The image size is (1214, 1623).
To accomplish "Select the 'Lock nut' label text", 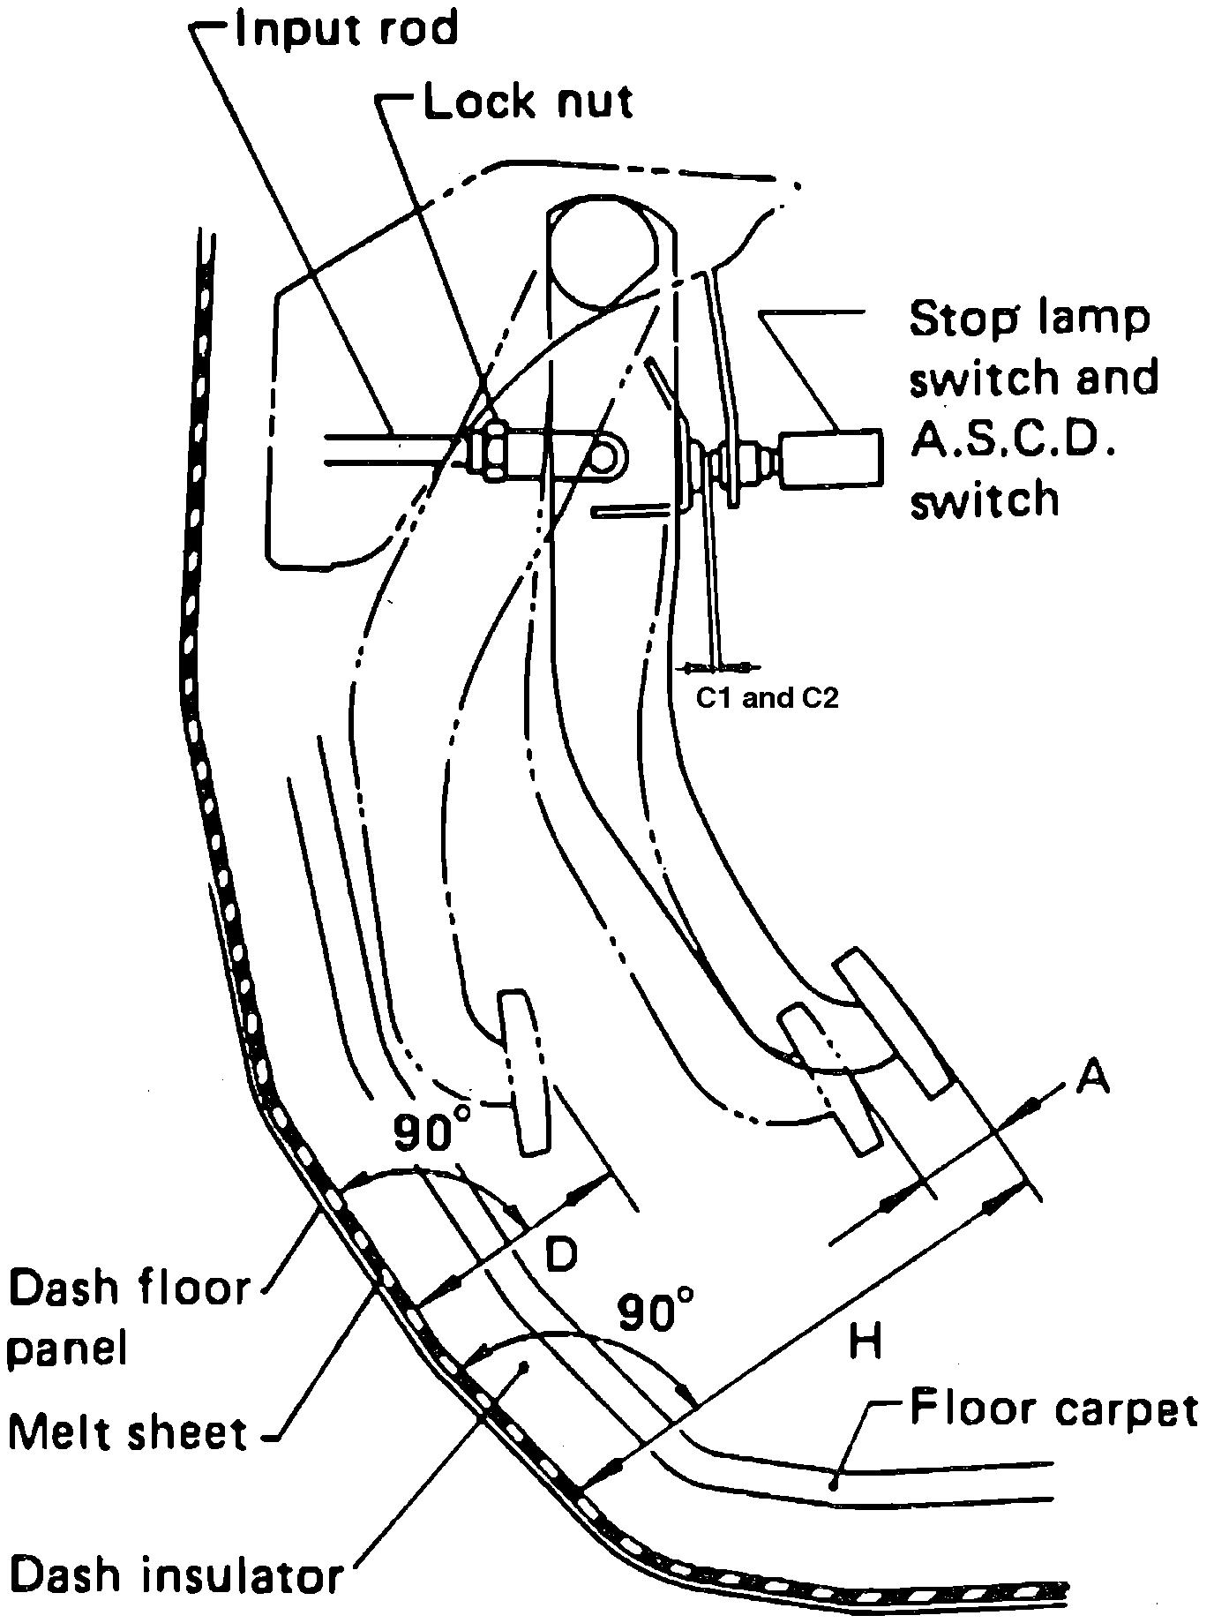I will coord(528,101).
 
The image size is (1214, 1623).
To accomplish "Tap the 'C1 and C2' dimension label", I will coord(767,698).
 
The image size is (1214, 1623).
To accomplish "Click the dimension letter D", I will coord(558,1254).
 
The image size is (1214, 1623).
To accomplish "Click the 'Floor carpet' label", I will coord(1053,1409).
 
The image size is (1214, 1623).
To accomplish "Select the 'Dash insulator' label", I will coord(175,1574).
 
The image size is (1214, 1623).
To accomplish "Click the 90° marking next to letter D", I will coord(431,1131).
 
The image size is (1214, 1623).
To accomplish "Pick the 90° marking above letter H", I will coord(655,1311).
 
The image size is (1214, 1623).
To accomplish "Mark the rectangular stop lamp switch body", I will coord(830,457).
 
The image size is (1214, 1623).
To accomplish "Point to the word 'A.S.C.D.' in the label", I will coord(1011,439).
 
